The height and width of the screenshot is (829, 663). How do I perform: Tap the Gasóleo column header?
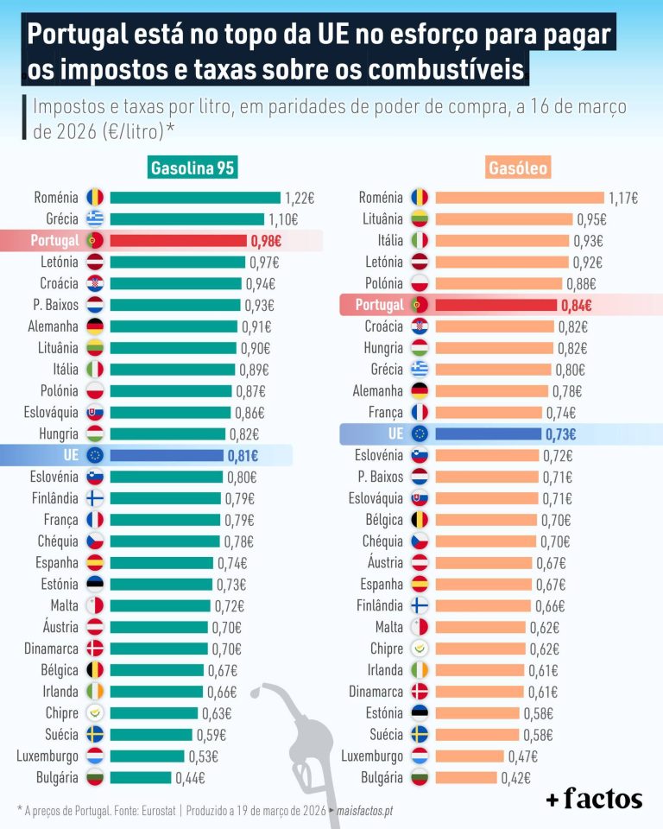point(518,168)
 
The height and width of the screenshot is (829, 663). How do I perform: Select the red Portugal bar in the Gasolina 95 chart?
point(177,240)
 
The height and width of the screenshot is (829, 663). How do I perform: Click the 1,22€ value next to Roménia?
point(300,198)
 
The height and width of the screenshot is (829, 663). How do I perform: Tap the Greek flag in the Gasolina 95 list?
point(95,218)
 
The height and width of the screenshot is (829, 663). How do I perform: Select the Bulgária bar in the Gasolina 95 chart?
point(141,777)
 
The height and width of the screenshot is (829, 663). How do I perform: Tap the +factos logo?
point(594,799)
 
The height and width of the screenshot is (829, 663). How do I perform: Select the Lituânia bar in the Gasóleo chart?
point(503,219)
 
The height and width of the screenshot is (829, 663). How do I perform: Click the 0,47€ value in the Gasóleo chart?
point(521,756)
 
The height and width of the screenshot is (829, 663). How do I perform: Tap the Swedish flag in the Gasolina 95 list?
point(95,735)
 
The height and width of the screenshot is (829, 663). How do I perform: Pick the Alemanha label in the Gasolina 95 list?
point(54,326)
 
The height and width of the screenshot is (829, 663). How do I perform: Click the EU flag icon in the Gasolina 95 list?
point(95,455)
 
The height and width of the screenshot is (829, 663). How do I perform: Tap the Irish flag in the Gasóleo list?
point(420,670)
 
